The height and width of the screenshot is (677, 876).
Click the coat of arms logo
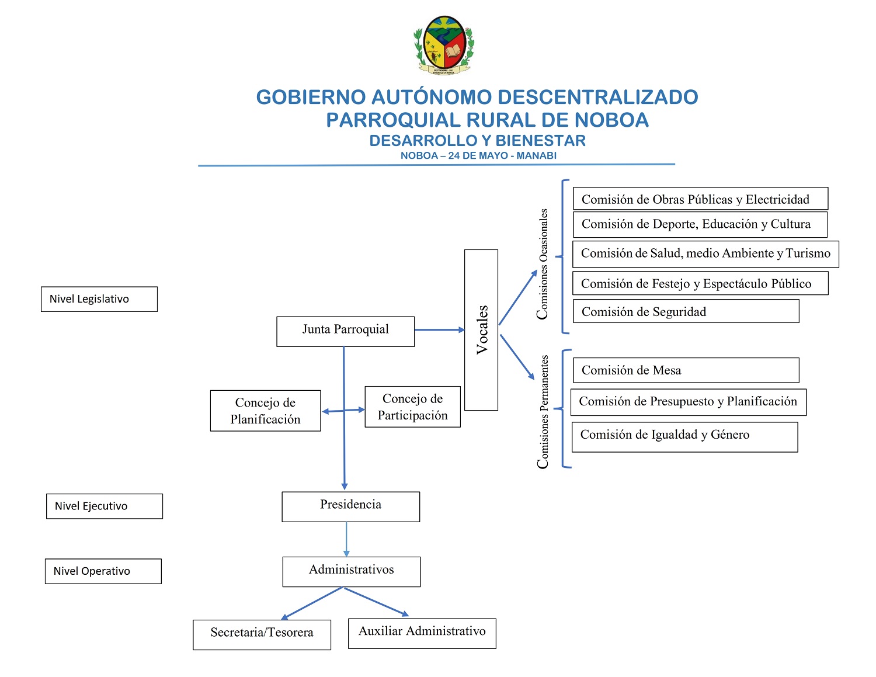(444, 46)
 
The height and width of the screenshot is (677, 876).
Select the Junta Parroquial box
(345, 331)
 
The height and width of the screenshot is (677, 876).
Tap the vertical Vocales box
(481, 329)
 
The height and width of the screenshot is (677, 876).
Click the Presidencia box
(350, 506)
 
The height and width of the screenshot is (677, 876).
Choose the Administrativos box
(351, 571)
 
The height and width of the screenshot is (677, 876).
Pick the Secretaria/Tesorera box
(262, 634)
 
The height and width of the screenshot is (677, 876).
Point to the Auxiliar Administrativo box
(422, 633)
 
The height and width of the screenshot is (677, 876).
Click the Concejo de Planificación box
(265, 411)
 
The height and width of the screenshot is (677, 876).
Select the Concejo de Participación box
(412, 407)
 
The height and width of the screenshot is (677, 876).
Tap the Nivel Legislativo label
(99, 299)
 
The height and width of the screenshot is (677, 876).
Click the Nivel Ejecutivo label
(104, 506)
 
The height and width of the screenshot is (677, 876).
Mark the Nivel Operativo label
(103, 571)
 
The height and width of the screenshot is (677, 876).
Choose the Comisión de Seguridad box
(686, 311)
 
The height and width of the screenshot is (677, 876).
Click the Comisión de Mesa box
(686, 370)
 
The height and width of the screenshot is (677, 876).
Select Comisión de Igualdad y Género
(684, 437)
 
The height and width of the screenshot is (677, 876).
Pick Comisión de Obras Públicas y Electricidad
(700, 199)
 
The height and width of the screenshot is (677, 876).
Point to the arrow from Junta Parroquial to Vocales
(439, 330)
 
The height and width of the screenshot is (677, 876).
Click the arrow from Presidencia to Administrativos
(346, 539)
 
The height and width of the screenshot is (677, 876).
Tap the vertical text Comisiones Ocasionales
(543, 264)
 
